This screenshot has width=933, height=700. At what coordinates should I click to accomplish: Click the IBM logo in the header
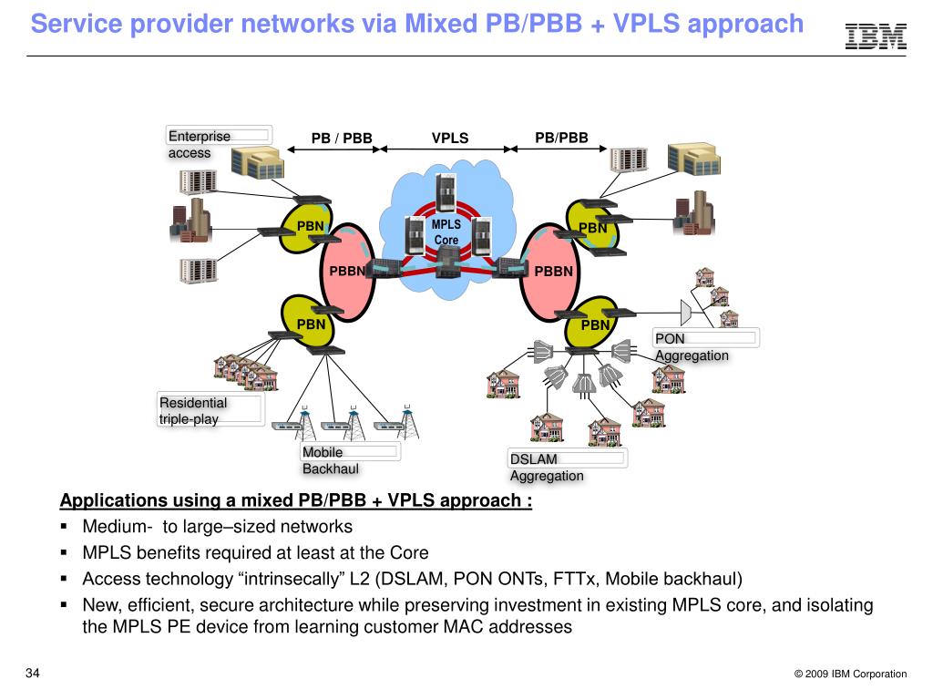click(x=876, y=36)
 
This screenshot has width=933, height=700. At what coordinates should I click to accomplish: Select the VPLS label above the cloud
click(x=450, y=139)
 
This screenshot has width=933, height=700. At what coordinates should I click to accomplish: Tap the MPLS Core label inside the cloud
click(x=446, y=232)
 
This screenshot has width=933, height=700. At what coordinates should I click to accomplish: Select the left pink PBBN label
click(x=346, y=271)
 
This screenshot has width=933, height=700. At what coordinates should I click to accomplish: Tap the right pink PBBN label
click(x=553, y=271)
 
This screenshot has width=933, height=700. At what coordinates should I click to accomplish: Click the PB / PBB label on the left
click(x=342, y=139)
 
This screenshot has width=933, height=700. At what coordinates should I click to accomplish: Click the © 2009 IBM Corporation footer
click(x=850, y=674)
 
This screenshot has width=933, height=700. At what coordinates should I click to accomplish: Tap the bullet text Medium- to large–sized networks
click(x=217, y=527)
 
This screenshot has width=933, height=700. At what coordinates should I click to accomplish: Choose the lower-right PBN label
click(x=595, y=324)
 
